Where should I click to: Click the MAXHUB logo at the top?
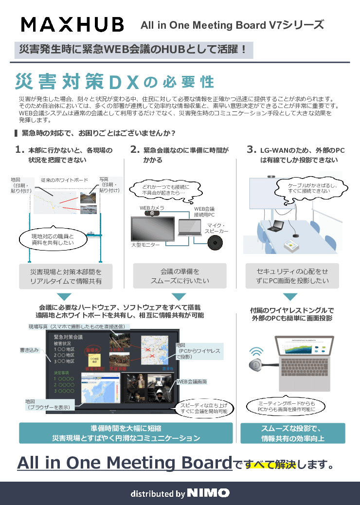(72, 24)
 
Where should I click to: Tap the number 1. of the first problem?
(20, 150)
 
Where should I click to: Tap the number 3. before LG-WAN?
(252, 150)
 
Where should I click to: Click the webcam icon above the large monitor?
(153, 213)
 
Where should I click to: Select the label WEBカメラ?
(152, 207)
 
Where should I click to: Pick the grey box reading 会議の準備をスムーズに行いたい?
(180, 276)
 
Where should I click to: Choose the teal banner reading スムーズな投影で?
(292, 433)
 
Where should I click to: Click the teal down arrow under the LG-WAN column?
(290, 296)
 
